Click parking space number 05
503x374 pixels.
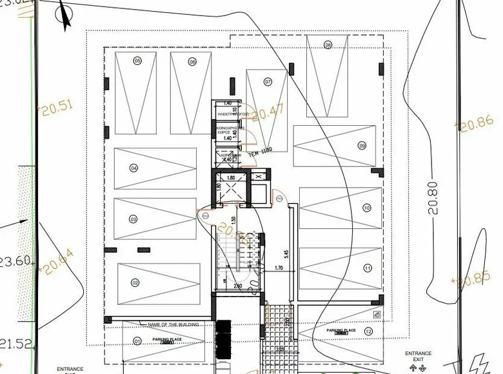pos(137,61)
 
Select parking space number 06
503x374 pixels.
pos(192,62)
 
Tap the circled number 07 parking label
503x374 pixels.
pos(267,81)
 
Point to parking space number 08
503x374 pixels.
pos(328,45)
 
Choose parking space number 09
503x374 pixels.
pos(362,146)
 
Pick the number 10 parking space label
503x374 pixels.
pos(366,208)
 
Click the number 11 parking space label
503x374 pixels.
pos(367,268)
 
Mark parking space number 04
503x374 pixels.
pos(134,168)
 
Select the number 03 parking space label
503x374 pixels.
pos(133,219)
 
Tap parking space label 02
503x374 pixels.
pos(135,282)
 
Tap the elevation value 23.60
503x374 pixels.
pos(15,261)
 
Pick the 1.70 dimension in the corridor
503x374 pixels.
pos(279,267)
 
